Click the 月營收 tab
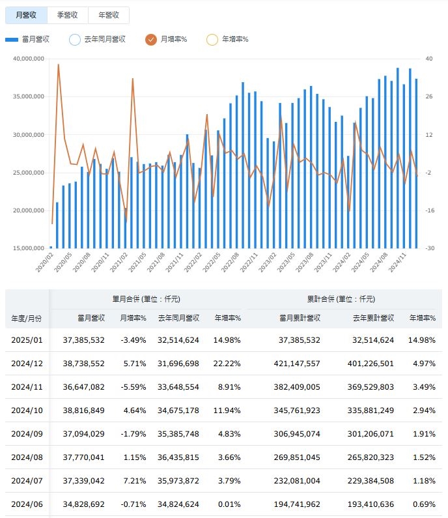[25, 15]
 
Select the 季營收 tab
[68, 15]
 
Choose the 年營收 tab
[108, 15]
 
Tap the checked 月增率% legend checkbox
[151, 40]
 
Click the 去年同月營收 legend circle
[75, 40]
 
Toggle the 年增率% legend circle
[212, 40]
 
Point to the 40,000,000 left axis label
[28, 59]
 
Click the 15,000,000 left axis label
[28, 248]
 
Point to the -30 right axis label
[430, 248]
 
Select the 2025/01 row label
[27, 340]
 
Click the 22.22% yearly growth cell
[228, 364]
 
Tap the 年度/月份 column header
[27, 318]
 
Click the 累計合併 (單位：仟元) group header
[341, 299]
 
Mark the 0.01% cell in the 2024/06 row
[228, 504]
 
